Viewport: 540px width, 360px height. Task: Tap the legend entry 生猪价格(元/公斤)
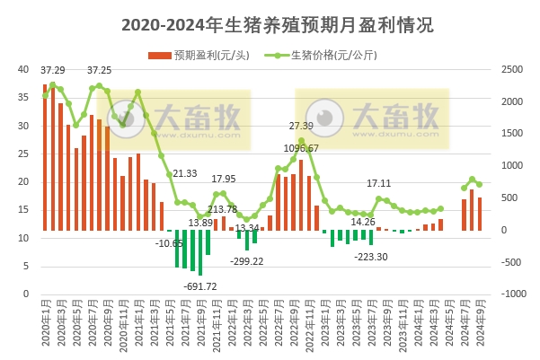(332, 54)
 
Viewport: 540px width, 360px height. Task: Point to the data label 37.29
(53, 69)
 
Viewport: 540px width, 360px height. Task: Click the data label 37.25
(99, 69)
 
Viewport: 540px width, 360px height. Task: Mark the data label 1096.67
(300, 147)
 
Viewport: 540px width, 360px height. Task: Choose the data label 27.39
(301, 126)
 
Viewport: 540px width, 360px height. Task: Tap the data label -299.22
(245, 261)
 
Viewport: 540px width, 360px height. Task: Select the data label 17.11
(379, 183)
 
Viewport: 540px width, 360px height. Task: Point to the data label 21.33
(185, 173)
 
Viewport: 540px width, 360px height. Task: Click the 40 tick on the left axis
(23, 69)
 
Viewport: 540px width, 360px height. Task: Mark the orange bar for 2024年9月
(480, 214)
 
